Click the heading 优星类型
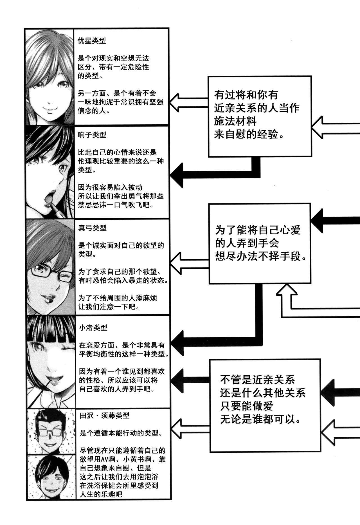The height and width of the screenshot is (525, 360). [x=92, y=41]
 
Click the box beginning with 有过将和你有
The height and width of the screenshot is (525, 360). [x=260, y=116]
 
